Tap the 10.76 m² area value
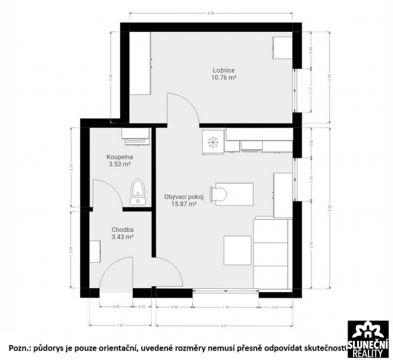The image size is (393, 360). point(224,77)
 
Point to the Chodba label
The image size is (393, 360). point(123,229)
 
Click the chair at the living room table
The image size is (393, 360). point(218,193)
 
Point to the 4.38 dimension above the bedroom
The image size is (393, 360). point(210,13)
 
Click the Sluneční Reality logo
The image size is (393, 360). point(369,338)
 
